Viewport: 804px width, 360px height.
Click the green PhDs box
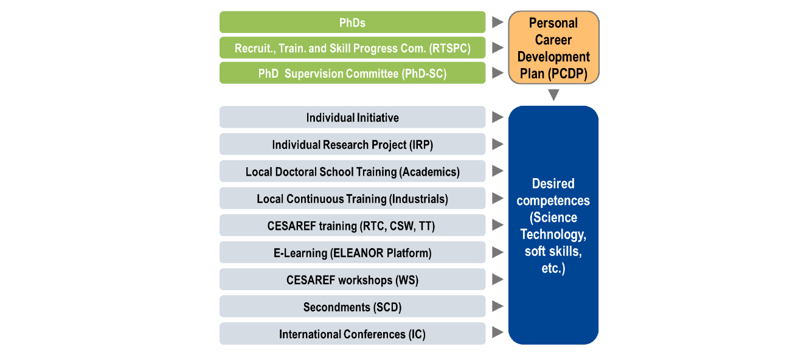353,22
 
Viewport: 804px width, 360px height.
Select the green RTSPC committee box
353,48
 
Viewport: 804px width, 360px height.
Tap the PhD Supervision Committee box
353,73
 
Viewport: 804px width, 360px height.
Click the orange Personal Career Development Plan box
553,48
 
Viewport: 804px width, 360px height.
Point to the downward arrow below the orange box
553,95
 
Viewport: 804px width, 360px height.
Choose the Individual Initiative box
353,117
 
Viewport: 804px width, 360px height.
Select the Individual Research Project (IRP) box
353,144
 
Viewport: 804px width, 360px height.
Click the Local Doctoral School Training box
353,171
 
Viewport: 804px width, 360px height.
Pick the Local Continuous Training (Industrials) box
353,198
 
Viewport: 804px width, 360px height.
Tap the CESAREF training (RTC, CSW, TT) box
353,226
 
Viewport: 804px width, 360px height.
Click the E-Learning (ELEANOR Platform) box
353,252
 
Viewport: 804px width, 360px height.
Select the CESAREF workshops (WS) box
353,279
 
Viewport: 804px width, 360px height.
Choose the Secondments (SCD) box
353,306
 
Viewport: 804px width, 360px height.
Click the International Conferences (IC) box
353,334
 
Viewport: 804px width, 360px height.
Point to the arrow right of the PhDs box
497,22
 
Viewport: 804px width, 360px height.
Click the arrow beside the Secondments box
497,306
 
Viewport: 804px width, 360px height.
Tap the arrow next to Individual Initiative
497,117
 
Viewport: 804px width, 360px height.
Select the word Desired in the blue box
553,184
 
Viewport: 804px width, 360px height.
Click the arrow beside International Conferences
497,333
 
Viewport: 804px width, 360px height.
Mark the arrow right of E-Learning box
497,252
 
